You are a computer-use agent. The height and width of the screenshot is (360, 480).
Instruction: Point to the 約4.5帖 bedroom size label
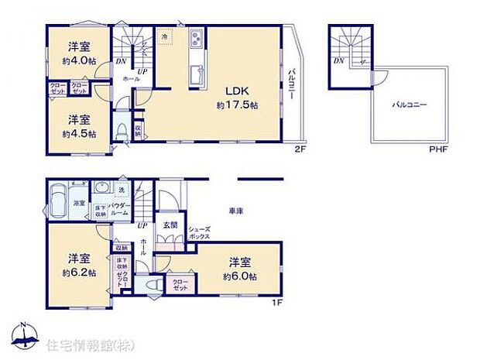coord(81,133)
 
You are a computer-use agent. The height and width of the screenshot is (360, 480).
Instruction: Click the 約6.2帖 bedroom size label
coord(80,273)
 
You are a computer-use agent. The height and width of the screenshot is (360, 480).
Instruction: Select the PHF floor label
coord(440,147)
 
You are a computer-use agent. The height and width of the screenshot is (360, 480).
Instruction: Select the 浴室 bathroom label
coord(79,204)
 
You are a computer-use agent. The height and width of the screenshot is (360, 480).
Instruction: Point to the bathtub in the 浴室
coord(58,201)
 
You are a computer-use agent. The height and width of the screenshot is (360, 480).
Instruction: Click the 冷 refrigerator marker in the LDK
coord(165,36)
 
